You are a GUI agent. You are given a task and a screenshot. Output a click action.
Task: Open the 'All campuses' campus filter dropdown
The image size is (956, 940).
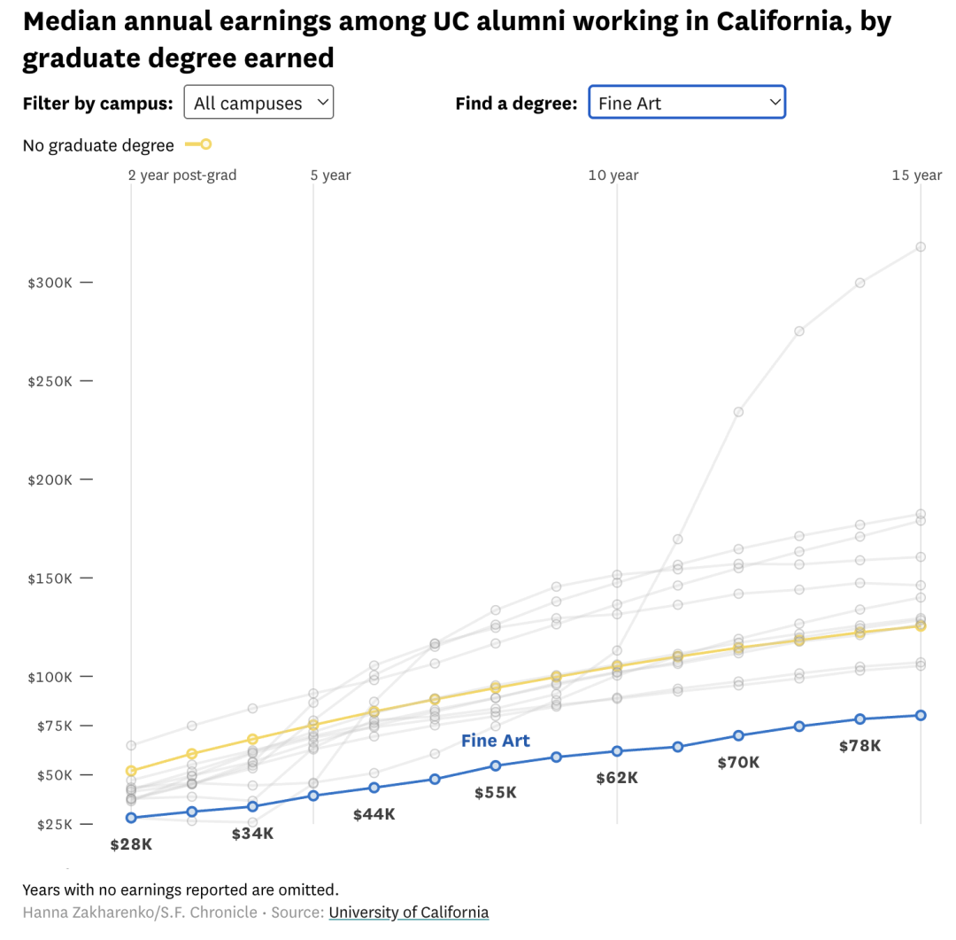(x=258, y=103)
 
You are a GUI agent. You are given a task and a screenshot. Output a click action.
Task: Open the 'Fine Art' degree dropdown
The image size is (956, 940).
(x=686, y=103)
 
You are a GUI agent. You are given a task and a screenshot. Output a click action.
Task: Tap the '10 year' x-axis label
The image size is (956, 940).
(x=613, y=175)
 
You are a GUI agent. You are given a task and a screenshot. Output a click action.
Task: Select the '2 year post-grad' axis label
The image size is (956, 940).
(x=182, y=175)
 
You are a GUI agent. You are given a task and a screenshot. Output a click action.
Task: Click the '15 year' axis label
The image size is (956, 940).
(x=917, y=175)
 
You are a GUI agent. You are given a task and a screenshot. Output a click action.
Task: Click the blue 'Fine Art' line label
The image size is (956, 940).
(x=496, y=741)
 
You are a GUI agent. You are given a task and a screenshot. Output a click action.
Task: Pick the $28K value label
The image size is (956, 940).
(x=131, y=844)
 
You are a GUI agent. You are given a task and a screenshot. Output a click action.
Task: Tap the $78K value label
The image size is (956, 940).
(x=860, y=746)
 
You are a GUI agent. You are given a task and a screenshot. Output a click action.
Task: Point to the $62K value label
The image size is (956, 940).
(x=617, y=778)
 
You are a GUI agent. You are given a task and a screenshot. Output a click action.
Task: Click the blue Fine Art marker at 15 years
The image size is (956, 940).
(x=921, y=715)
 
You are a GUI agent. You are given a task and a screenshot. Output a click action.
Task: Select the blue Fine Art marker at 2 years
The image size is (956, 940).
(x=131, y=818)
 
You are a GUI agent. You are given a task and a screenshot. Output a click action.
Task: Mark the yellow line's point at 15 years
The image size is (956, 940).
(x=921, y=625)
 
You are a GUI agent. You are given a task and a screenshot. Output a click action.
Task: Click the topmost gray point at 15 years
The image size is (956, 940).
(x=921, y=246)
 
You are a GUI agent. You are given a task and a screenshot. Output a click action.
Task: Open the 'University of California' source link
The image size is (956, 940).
(x=408, y=913)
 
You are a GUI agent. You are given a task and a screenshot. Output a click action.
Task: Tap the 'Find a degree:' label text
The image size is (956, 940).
(x=516, y=104)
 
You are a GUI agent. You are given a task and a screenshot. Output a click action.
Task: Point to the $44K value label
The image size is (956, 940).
(x=374, y=814)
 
